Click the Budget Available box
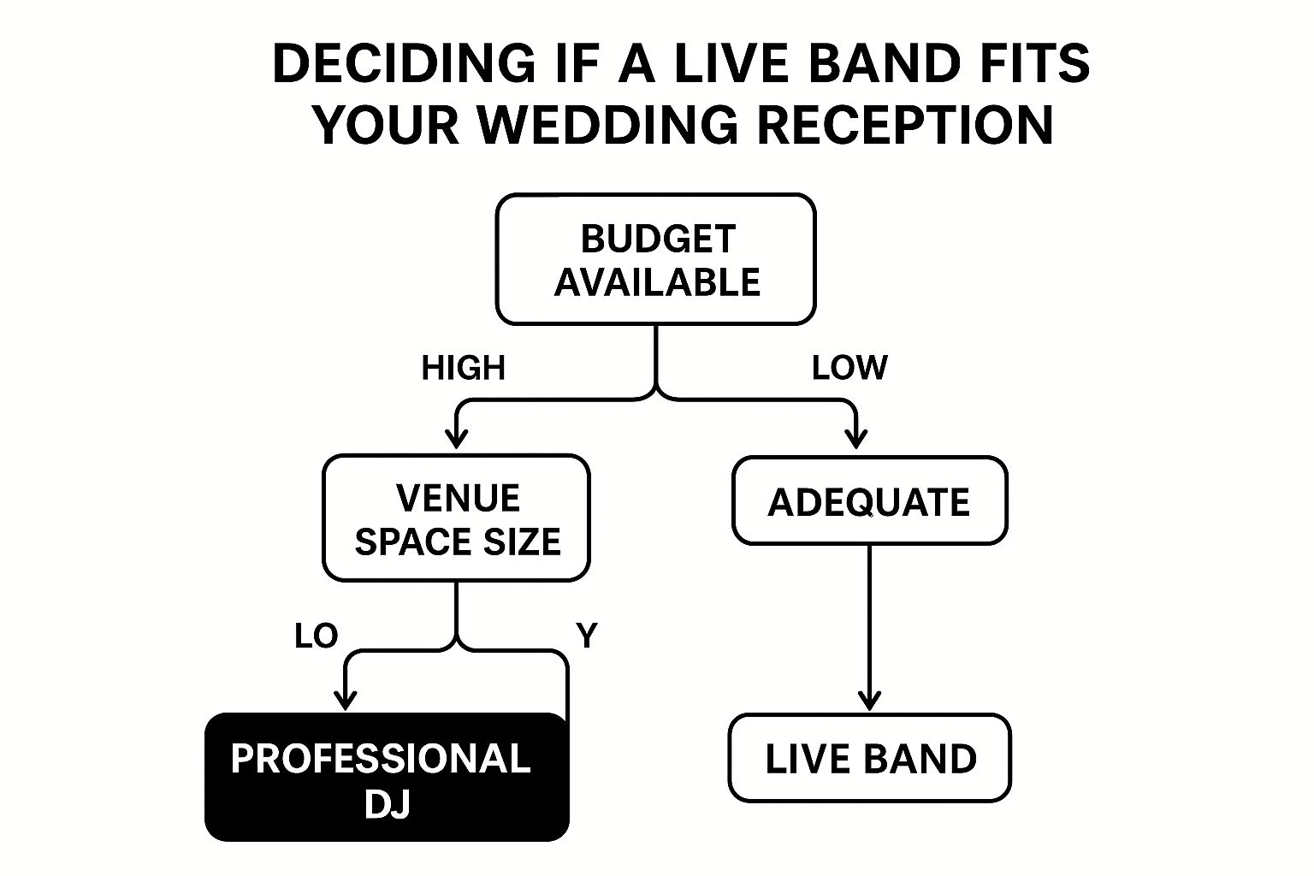[x=656, y=258]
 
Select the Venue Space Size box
[x=456, y=518]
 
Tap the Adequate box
[x=870, y=500]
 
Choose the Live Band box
[x=870, y=757]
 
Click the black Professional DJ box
[x=388, y=777]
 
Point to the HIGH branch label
[x=464, y=368]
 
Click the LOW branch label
[x=849, y=368]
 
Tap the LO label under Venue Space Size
[x=317, y=636]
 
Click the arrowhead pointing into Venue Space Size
[x=456, y=440]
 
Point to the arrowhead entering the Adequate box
[x=855, y=440]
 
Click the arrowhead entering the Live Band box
[x=869, y=701]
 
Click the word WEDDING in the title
[x=607, y=125]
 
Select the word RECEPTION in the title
[x=906, y=125]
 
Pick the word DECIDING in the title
[x=405, y=62]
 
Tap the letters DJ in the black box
[x=388, y=803]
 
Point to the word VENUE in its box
[x=459, y=498]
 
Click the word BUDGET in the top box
[x=658, y=239]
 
